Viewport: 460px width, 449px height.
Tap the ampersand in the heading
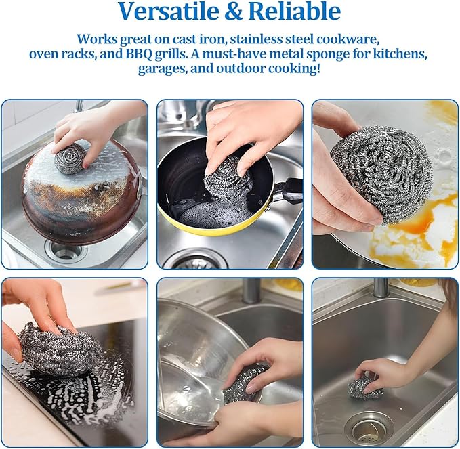click(x=232, y=12)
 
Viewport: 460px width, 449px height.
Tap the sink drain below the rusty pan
click(x=66, y=251)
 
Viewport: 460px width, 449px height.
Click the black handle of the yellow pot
click(x=289, y=192)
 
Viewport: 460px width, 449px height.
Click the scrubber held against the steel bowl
click(x=245, y=383)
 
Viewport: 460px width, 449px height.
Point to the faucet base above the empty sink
click(x=381, y=287)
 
